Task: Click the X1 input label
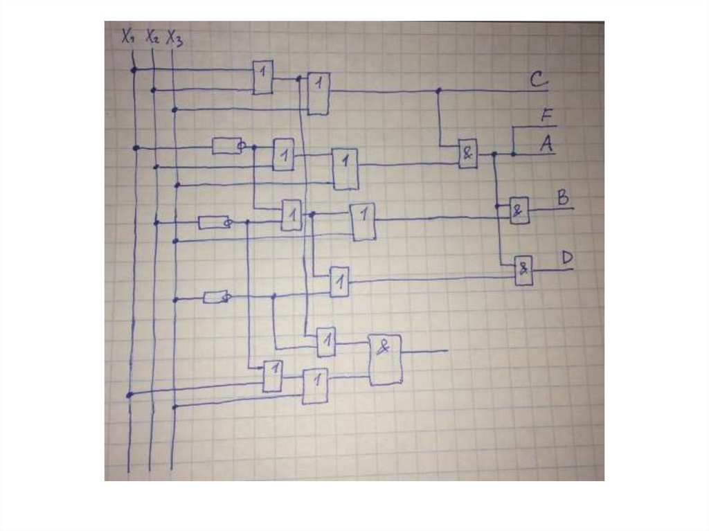pos(127,37)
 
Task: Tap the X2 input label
pos(152,38)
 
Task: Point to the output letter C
pos(539,80)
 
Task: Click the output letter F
pos(547,116)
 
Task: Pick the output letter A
pos(546,144)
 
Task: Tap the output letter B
pos(563,198)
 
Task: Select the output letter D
pos(567,258)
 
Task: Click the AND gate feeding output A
pos(468,154)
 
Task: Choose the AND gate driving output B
pos(519,210)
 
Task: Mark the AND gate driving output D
pos(523,271)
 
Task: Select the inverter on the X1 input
pos(226,146)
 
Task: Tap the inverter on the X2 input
pos(214,222)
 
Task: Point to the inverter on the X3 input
pos(215,297)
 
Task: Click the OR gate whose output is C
pos(318,93)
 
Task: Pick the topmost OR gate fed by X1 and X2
pos(262,77)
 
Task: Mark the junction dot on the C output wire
pos(438,91)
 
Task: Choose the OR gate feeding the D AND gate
pos(339,281)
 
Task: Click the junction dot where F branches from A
pos(513,154)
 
